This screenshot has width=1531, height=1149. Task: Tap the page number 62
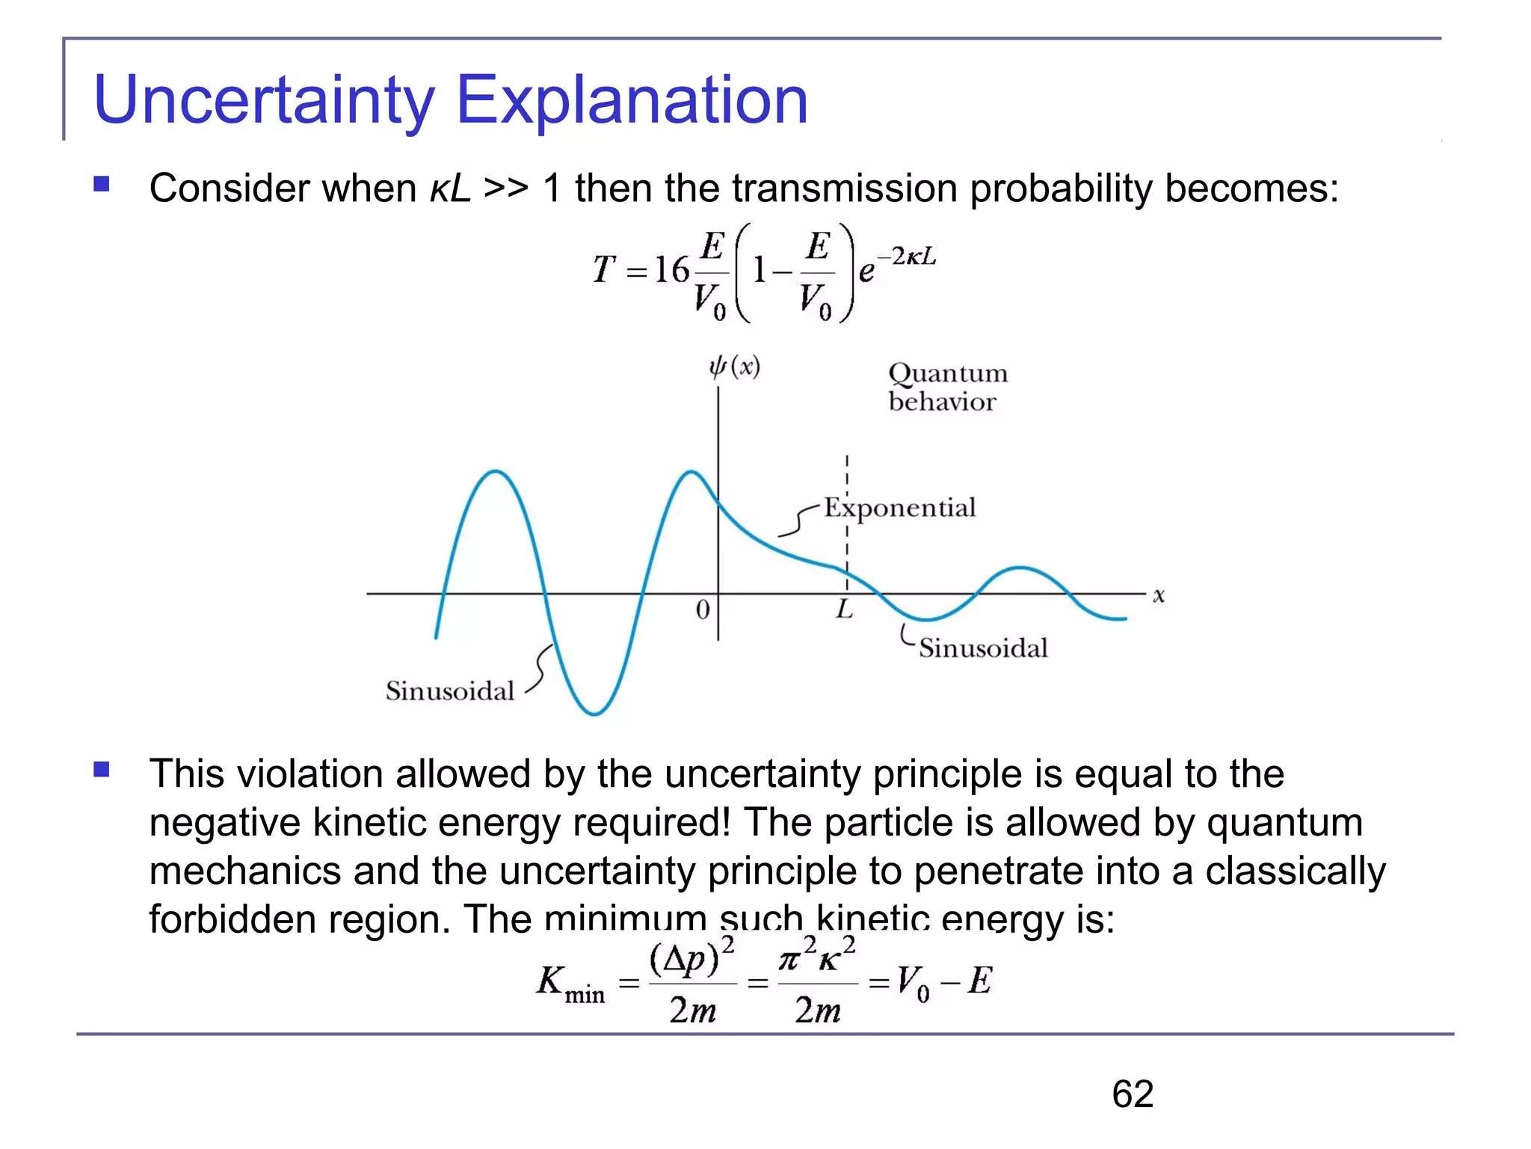[1132, 1094]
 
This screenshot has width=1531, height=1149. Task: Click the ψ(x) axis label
[734, 367]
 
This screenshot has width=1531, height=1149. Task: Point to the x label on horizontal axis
[1158, 595]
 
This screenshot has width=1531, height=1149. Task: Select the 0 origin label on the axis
[702, 610]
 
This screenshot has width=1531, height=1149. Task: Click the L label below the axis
[844, 610]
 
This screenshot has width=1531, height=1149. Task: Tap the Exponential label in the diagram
[899, 508]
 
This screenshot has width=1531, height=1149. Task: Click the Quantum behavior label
[946, 387]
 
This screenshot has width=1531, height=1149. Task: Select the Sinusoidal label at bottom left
[449, 690]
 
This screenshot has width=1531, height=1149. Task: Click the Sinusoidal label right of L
[982, 648]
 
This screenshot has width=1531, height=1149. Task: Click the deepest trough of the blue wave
[594, 713]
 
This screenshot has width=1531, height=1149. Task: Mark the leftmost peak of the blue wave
[495, 472]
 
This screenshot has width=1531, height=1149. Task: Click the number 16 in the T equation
[671, 269]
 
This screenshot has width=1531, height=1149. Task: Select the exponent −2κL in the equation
[905, 257]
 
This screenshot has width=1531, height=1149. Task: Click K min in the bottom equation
[570, 983]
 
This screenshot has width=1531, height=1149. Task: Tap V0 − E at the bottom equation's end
[943, 981]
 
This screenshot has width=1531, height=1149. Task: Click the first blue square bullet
[102, 184]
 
